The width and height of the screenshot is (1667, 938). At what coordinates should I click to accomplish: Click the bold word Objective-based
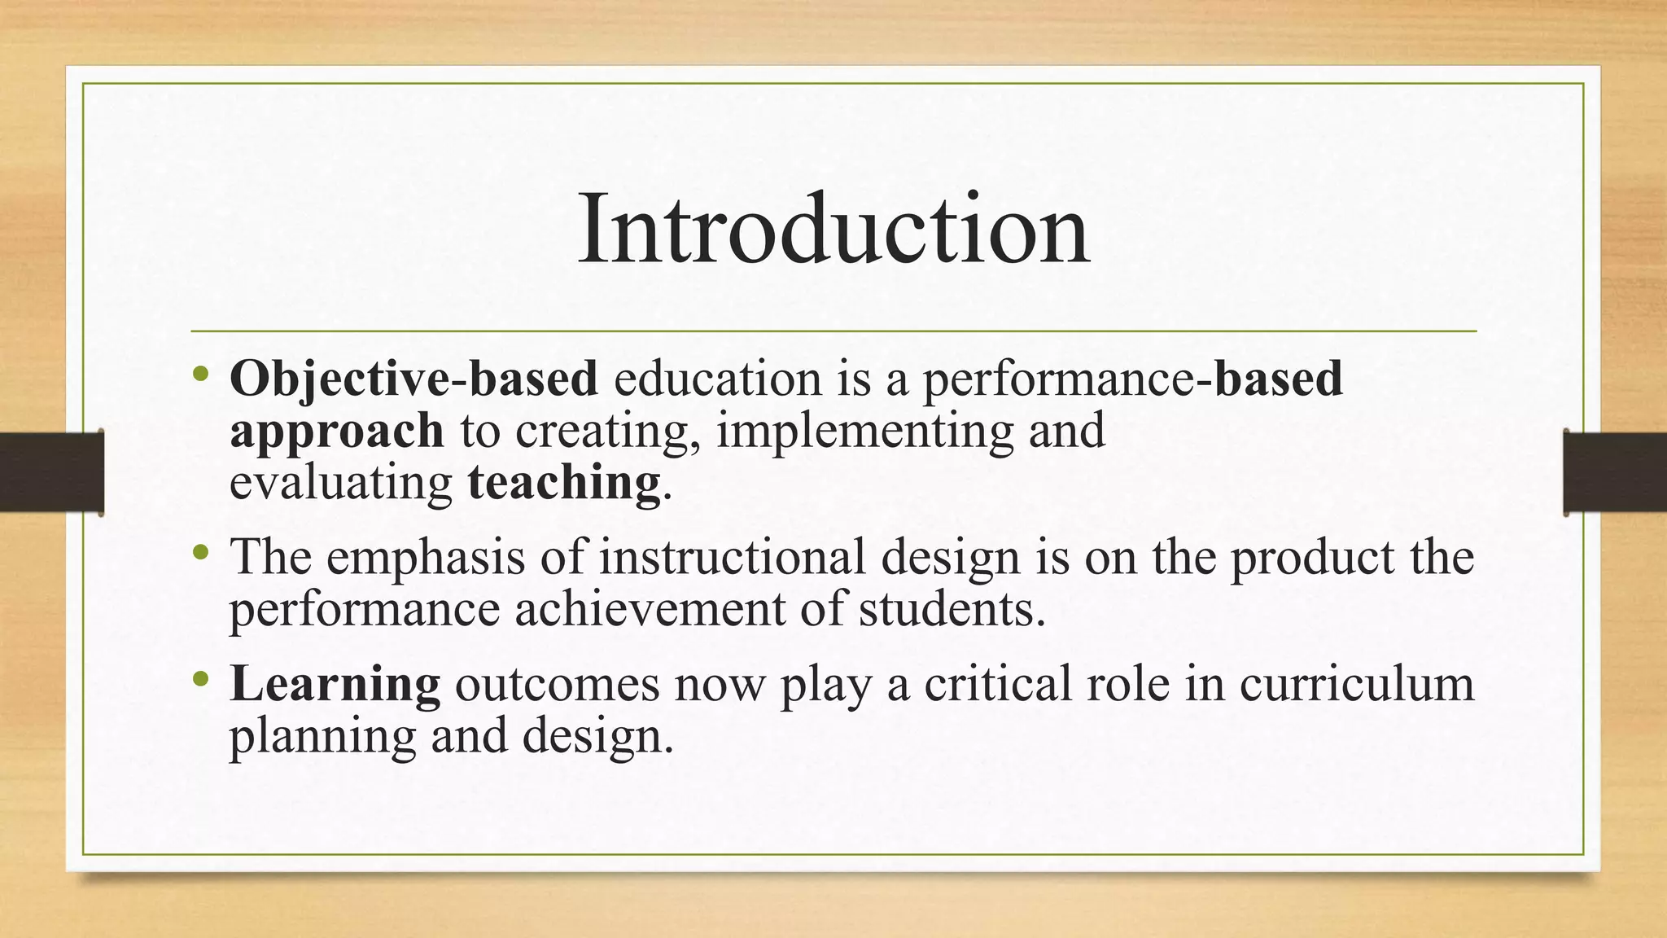(x=413, y=379)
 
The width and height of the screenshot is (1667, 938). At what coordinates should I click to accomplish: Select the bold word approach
(x=336, y=432)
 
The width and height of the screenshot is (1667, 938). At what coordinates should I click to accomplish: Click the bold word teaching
(x=564, y=483)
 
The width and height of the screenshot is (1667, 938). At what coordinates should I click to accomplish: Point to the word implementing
(x=864, y=432)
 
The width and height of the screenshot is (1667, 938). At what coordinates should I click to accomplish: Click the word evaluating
(x=340, y=483)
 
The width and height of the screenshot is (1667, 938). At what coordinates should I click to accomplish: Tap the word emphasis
(x=426, y=558)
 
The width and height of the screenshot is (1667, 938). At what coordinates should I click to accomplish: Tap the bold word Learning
(x=335, y=684)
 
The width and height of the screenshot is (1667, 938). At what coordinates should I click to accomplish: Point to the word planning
(x=322, y=737)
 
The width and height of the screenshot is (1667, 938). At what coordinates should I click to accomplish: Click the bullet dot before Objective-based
(x=201, y=376)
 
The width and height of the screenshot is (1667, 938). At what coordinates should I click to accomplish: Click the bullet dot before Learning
(x=201, y=679)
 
